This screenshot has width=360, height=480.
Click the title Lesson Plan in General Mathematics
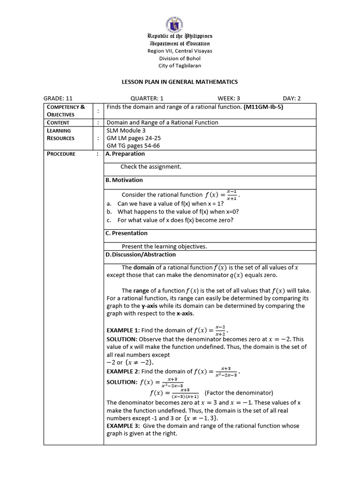(180, 82)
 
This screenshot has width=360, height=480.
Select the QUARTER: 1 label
(147, 98)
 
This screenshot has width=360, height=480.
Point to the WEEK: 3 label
(229, 98)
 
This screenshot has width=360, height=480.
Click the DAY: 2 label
(292, 98)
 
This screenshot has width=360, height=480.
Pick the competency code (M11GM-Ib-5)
(263, 107)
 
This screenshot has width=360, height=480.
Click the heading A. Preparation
(125, 154)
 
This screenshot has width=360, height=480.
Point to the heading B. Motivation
(124, 180)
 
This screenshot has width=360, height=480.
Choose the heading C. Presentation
(127, 233)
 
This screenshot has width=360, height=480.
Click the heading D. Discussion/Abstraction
(141, 255)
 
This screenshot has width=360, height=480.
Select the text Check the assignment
(150, 166)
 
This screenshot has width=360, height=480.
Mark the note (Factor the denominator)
(239, 393)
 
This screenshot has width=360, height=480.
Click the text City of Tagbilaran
(180, 66)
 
